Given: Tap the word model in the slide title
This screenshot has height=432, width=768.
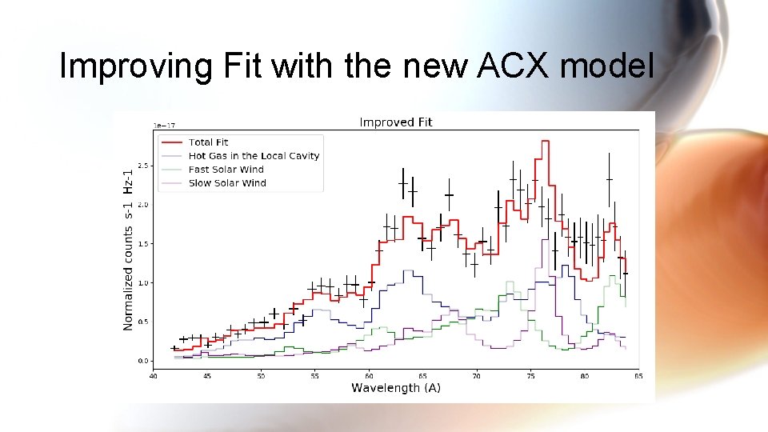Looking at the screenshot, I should click(607, 67).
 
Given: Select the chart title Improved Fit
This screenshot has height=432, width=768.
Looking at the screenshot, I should click(395, 122).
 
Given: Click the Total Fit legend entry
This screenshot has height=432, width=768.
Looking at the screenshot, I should click(208, 142).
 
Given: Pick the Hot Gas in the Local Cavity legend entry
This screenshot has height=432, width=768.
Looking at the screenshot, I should click(254, 156).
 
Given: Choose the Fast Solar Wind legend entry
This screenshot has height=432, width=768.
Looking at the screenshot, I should click(226, 170).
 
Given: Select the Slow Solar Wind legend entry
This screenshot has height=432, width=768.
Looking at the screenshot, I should click(227, 183).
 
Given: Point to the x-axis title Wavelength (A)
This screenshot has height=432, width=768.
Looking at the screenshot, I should click(396, 388).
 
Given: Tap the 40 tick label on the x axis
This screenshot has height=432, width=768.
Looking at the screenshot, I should click(153, 374).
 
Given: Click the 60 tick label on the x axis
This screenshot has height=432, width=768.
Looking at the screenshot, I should click(369, 374).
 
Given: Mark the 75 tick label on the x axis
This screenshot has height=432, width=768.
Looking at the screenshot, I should click(530, 374).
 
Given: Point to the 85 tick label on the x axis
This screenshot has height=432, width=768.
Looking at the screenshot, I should click(638, 374).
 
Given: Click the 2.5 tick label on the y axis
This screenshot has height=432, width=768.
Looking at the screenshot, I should click(143, 166).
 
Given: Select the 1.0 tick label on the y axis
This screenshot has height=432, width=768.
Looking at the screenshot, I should click(143, 283).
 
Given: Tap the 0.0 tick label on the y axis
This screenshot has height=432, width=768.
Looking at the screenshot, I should click(143, 361).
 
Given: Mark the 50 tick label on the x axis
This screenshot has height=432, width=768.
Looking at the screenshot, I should click(261, 374).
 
